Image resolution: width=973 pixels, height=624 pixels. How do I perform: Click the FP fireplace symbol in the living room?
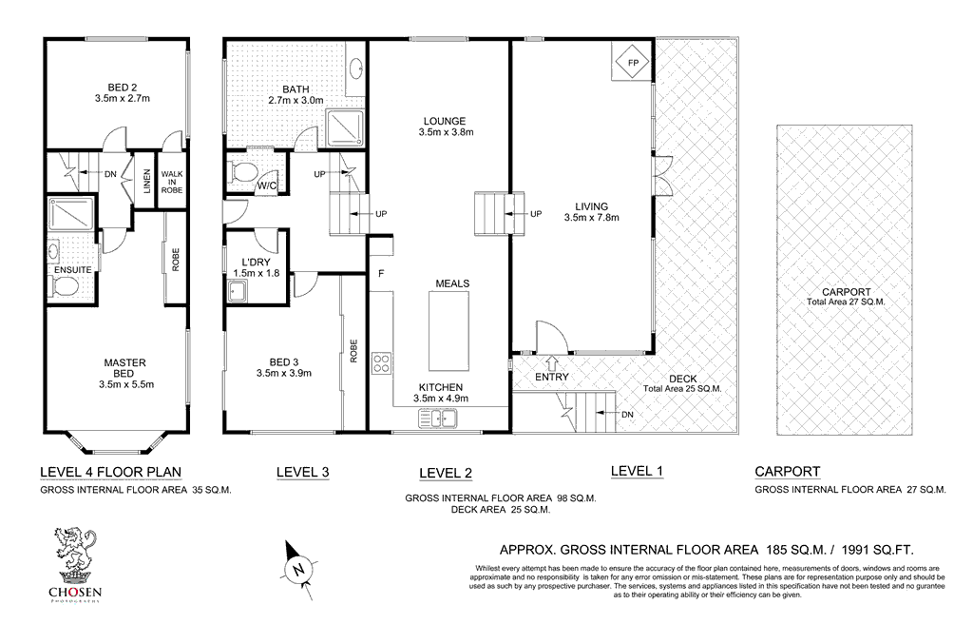(631, 64)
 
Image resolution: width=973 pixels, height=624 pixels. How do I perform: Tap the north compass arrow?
(297, 569)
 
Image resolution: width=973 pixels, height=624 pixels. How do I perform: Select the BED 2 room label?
(123, 90)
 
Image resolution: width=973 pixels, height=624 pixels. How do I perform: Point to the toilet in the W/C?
(243, 173)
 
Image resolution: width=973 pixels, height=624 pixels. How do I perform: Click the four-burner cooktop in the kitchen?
(382, 362)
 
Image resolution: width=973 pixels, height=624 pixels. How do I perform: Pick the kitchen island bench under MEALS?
(449, 332)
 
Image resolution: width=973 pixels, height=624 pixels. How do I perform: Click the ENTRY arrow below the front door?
(552, 361)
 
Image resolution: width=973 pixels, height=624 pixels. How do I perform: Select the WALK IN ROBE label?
(172, 181)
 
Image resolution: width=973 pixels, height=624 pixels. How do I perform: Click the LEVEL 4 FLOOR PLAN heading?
(110, 472)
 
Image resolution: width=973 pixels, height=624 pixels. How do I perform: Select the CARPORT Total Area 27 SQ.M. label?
(846, 297)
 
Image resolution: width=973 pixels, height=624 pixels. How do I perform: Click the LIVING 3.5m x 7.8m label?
(591, 211)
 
